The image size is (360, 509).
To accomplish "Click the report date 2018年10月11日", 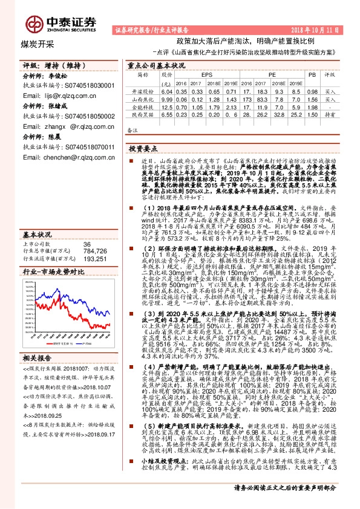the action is pyautogui.click(x=326, y=29).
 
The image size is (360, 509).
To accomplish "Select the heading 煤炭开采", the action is pyautogui.click(x=37, y=44).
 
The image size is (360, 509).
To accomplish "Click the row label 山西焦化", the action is pyautogui.click(x=142, y=97).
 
